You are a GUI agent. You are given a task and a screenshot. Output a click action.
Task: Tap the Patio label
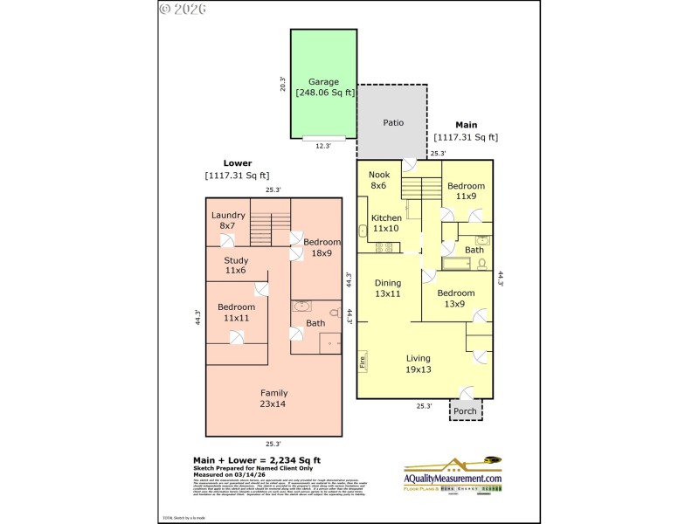click(x=393, y=123)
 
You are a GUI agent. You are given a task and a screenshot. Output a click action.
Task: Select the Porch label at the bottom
click(x=465, y=410)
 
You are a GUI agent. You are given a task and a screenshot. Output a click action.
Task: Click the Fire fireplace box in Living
click(x=363, y=360)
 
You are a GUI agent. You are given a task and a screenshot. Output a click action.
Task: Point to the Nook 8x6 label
click(x=378, y=180)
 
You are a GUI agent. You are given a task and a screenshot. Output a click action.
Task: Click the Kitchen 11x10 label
click(x=386, y=223)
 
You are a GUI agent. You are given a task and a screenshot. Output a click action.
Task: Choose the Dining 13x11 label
click(x=388, y=288)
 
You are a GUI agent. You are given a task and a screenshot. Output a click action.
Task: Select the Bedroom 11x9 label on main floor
click(x=467, y=191)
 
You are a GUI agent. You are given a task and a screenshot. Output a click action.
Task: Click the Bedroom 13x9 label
click(x=455, y=298)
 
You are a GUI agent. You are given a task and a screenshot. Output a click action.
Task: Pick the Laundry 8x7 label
click(x=228, y=220)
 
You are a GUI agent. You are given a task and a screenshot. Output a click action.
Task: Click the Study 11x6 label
click(x=236, y=265)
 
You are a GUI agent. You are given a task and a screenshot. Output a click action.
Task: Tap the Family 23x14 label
click(x=273, y=398)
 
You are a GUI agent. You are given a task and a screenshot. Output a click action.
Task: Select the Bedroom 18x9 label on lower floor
click(x=322, y=247)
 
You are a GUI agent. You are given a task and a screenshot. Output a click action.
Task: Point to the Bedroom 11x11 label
click(x=236, y=313)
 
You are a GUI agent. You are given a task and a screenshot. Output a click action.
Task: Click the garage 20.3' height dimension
click(x=282, y=84)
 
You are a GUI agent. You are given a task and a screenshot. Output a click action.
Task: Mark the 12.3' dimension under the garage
click(x=322, y=146)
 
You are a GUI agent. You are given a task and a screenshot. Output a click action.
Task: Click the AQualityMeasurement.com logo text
click(x=453, y=479)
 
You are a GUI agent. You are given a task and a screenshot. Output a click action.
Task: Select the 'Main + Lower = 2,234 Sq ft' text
click(x=256, y=460)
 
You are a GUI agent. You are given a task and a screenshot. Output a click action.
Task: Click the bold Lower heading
click(x=237, y=163)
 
